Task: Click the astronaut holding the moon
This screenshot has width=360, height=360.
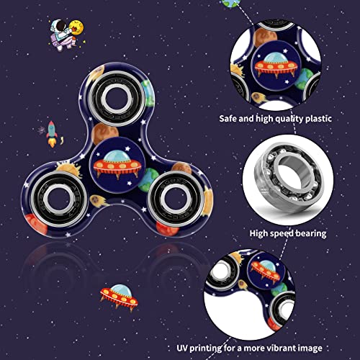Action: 66,35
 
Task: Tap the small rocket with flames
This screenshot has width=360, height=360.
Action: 53,134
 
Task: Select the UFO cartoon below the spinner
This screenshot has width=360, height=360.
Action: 119,297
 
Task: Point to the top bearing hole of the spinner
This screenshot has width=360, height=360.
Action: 117,99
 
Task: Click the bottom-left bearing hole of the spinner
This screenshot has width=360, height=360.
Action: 59,199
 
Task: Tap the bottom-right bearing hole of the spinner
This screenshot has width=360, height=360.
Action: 176,198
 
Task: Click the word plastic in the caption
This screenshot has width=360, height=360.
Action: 318,119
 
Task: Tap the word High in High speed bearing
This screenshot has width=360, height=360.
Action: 258,233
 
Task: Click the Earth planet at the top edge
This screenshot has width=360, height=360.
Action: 231,4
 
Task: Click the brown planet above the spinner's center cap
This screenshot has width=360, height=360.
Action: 104,133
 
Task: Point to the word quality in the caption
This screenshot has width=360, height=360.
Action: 289,119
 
